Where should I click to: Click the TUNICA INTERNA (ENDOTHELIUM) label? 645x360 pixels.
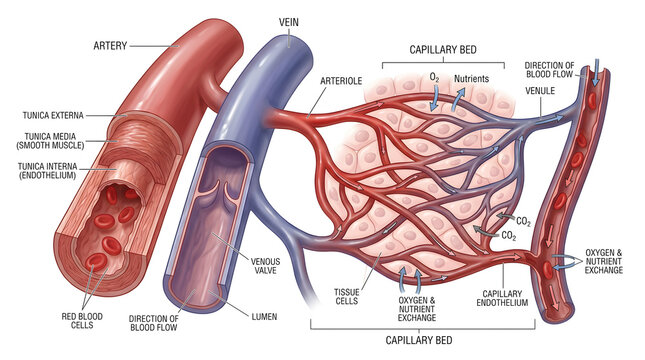(x=48, y=171)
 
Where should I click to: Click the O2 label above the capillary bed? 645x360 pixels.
(x=434, y=78)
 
